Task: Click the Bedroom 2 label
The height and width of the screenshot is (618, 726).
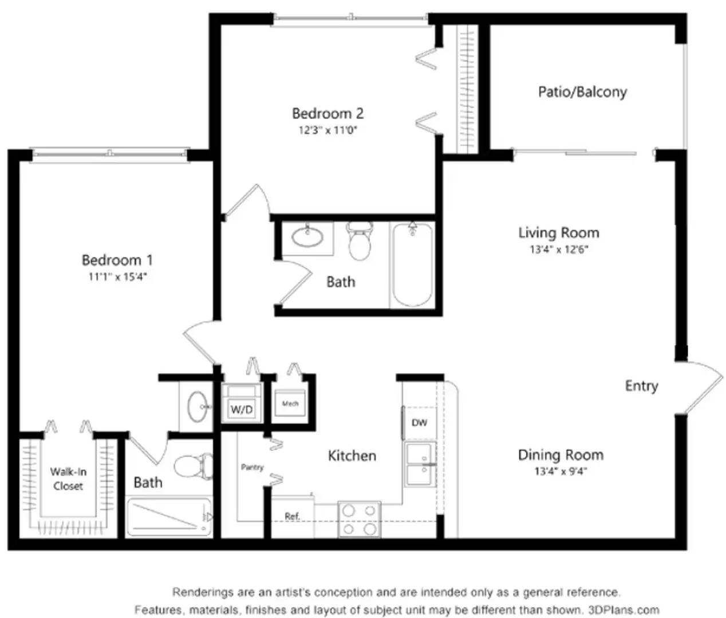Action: [x=328, y=113]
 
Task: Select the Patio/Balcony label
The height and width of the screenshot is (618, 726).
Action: [x=582, y=92]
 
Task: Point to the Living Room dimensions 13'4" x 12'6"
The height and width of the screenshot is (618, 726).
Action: [x=559, y=249]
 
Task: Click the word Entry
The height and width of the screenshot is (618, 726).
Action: [x=641, y=386]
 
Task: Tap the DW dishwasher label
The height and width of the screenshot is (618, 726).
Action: [x=419, y=423]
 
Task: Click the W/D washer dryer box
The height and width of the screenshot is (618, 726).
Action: [x=241, y=409]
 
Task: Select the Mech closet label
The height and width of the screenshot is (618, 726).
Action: [x=290, y=403]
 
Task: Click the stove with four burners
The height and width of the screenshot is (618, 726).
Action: [x=360, y=519]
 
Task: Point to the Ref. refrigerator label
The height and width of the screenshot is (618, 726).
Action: [x=292, y=516]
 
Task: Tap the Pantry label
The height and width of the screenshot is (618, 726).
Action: [x=252, y=467]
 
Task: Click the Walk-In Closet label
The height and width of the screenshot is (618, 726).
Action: [x=68, y=479]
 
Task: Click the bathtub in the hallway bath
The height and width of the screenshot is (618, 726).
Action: [x=412, y=266]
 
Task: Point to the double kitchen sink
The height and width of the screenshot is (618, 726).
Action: [x=420, y=463]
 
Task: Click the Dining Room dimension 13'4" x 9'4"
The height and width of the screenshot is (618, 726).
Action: [x=561, y=472]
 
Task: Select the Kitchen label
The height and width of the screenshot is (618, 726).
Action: [x=352, y=455]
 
